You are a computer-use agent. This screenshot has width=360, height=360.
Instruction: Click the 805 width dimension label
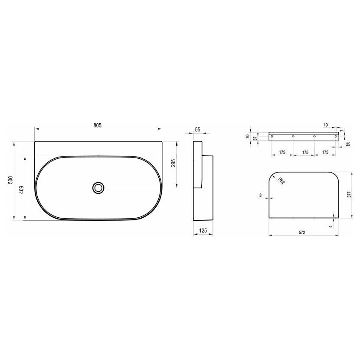97,125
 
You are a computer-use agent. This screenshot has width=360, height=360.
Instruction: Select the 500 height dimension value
10,180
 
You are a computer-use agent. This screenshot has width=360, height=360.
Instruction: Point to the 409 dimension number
21,190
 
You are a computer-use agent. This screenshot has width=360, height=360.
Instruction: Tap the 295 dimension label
173,163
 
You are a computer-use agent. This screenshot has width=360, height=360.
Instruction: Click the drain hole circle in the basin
98,188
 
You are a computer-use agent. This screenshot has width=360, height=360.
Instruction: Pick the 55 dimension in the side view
197,130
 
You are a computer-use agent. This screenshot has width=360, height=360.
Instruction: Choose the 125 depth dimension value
203,230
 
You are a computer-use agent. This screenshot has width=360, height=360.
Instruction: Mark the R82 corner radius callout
281,181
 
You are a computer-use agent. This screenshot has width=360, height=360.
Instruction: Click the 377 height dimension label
349,194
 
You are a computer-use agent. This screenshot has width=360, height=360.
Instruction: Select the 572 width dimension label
302,232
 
